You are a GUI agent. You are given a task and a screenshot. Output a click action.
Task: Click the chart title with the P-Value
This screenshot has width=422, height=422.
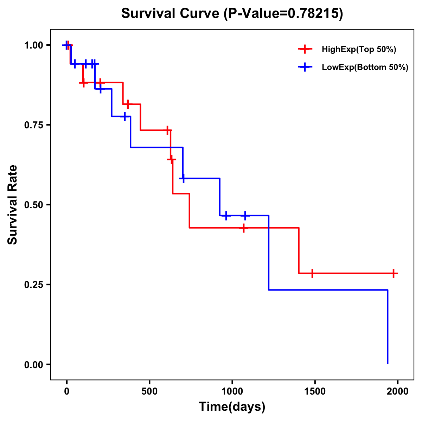(x=232, y=14)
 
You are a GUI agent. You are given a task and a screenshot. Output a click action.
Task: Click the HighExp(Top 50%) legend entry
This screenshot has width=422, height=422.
(x=359, y=50)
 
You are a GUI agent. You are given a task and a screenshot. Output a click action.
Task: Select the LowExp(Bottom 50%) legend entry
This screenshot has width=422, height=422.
(x=365, y=68)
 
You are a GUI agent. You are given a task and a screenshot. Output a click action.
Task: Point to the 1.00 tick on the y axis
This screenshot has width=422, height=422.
(x=33, y=45)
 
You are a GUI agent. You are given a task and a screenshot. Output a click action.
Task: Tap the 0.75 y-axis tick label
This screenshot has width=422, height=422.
(x=33, y=125)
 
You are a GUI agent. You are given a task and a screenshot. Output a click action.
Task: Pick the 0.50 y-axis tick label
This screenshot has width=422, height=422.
(x=33, y=205)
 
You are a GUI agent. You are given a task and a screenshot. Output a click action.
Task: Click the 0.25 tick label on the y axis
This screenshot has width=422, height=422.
(x=33, y=284)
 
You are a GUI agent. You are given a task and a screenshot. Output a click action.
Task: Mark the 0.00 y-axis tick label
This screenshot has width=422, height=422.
(x=33, y=364)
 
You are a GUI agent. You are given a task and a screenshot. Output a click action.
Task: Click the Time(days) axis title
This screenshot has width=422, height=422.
(x=232, y=407)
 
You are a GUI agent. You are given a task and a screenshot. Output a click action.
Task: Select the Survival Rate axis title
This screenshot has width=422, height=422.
(x=13, y=205)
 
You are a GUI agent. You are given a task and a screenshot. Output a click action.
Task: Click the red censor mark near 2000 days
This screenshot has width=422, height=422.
(x=394, y=273)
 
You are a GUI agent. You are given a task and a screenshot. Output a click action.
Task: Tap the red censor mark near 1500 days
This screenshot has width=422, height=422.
(x=312, y=273)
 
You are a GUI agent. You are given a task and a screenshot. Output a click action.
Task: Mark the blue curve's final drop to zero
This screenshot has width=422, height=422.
(x=388, y=327)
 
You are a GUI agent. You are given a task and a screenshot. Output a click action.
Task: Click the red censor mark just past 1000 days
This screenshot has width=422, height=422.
(x=243, y=228)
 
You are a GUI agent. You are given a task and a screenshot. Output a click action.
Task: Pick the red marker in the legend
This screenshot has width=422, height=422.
(x=305, y=50)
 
